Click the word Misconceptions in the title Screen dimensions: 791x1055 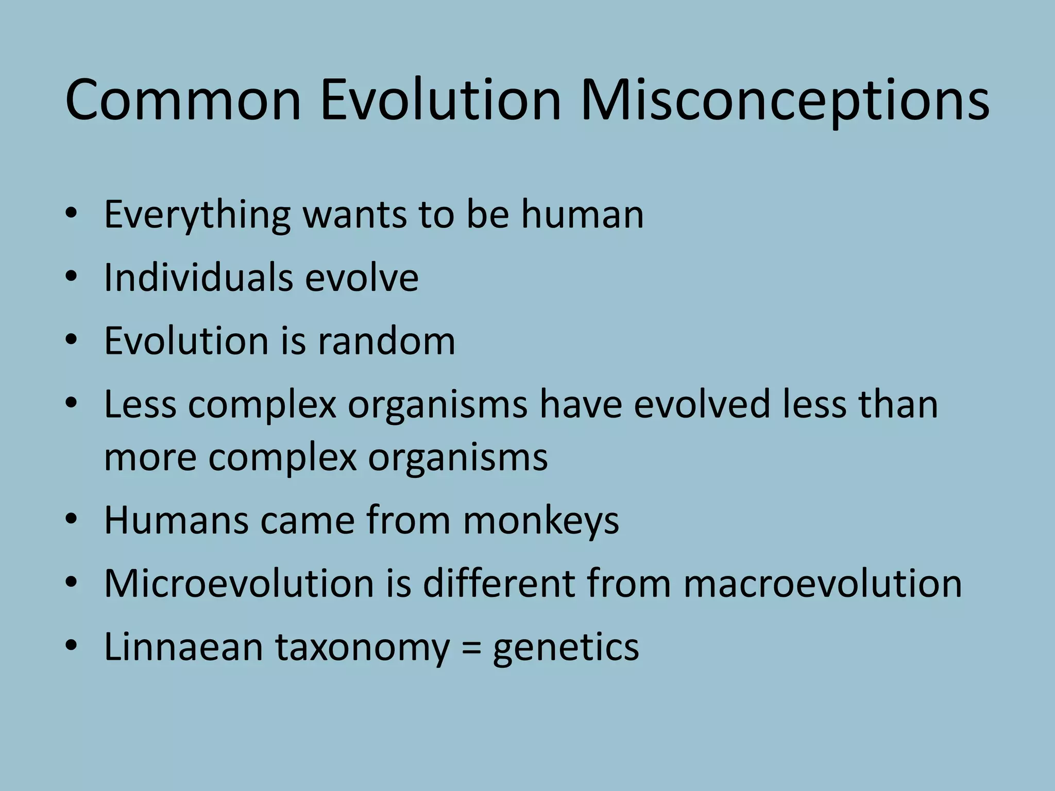pos(784,100)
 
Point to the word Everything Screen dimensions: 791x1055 pos(197,215)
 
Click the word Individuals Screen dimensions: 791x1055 pos(197,278)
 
